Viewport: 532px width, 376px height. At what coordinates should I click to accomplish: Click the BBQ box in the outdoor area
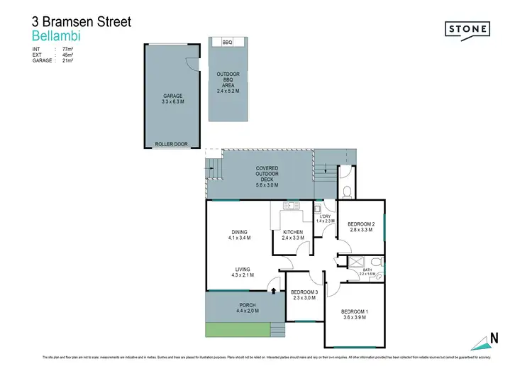coord(228,43)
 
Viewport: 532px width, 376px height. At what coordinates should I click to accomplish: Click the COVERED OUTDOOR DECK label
coord(267,175)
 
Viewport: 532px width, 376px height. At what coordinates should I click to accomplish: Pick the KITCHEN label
coord(293,232)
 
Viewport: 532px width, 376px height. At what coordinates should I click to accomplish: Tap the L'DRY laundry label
coord(325,216)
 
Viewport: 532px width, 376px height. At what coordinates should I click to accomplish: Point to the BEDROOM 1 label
coord(353,312)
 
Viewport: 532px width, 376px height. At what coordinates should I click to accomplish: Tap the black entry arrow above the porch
coord(274,289)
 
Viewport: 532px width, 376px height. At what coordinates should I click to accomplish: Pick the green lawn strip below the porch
coord(237,328)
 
